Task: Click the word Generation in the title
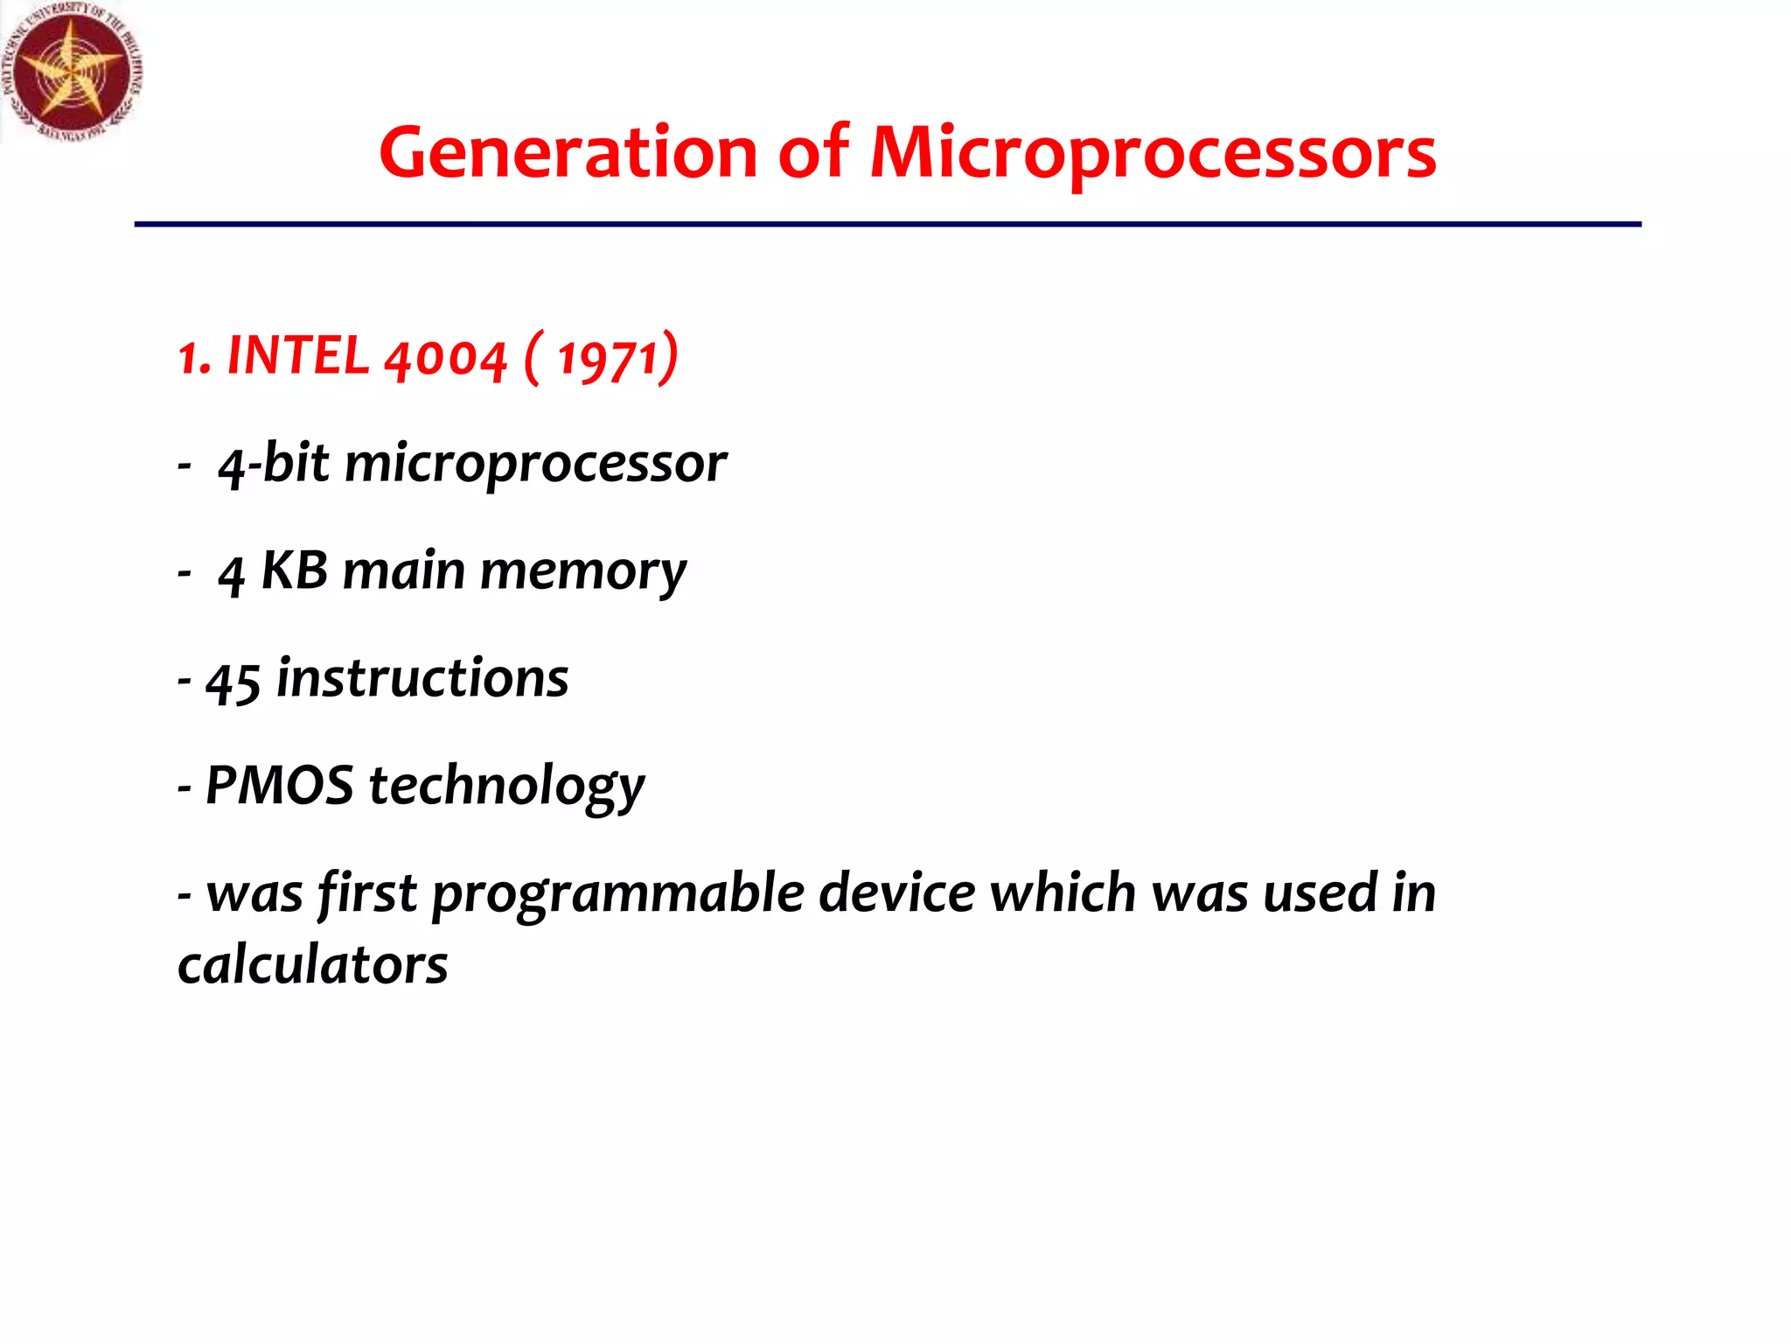tap(568, 152)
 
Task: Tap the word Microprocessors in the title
tap(1153, 154)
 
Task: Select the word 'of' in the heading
tap(812, 152)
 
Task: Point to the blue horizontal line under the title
tap(887, 225)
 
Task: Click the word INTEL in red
tap(297, 356)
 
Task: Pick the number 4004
tap(445, 359)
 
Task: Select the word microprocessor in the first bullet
tap(535, 465)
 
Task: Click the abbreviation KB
tap(295, 570)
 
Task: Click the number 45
tap(233, 681)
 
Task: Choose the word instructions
tap(422, 679)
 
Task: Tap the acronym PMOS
tap(279, 785)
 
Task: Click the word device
tap(896, 893)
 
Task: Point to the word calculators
tap(312, 966)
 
